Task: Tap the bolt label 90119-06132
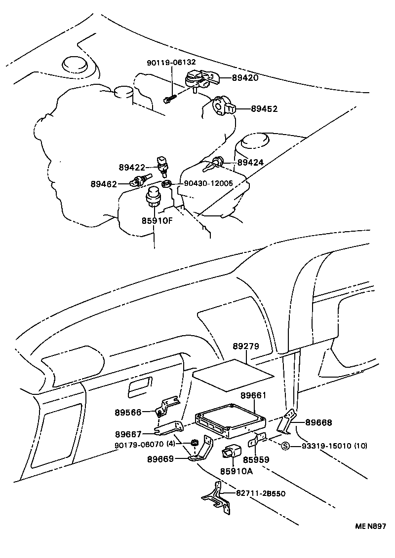171,63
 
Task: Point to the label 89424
250,162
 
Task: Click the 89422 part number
131,167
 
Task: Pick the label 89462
104,184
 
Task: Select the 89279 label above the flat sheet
246,347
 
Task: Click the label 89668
318,422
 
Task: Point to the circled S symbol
285,446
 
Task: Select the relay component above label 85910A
232,451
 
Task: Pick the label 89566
128,412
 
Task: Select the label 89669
160,458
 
